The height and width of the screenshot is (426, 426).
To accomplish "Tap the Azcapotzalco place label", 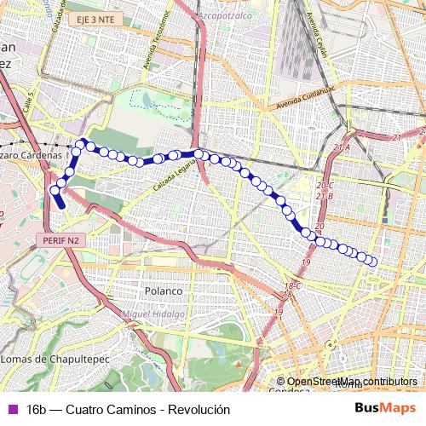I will click(x=230, y=16).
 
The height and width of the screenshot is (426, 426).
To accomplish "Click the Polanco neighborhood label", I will click(x=163, y=291).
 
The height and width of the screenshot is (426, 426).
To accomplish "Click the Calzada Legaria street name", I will click(x=170, y=176).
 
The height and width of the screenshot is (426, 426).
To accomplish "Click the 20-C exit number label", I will click(x=325, y=185).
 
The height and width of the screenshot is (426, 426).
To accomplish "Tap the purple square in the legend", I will click(x=11, y=410).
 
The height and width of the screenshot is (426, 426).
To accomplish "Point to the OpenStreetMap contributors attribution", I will click(x=352, y=382).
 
